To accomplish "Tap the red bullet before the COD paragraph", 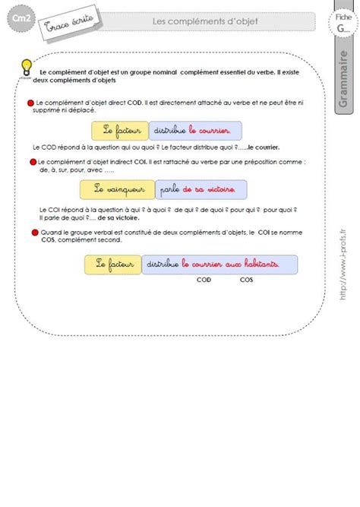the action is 30,102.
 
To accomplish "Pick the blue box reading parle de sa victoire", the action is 203,188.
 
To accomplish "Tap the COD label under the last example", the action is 204,280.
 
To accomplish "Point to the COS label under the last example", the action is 247,280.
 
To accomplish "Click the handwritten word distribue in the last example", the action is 160,264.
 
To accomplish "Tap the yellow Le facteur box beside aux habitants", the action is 111,264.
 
